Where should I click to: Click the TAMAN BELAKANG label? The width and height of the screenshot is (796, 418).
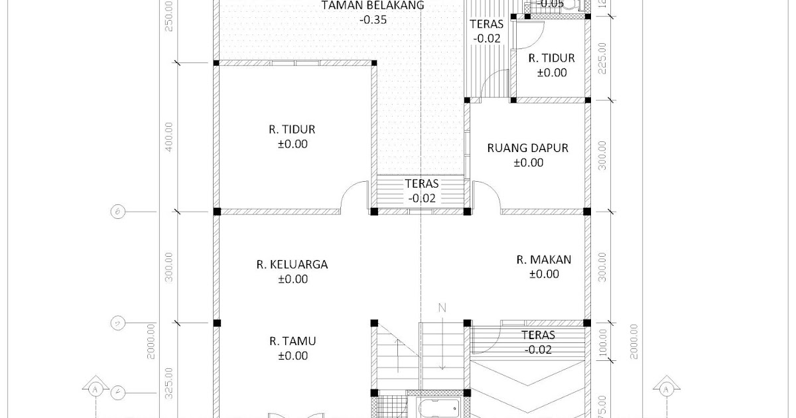pyautogui.click(x=373, y=6)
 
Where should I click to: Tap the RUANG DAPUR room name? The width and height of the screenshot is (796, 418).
pyautogui.click(x=527, y=148)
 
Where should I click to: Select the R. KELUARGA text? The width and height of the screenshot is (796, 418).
pyautogui.click(x=292, y=264)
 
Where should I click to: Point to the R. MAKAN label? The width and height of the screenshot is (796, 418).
pyautogui.click(x=543, y=259)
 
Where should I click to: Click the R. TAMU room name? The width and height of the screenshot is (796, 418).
pyautogui.click(x=292, y=341)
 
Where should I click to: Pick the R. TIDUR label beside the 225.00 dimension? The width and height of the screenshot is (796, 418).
pyautogui.click(x=551, y=58)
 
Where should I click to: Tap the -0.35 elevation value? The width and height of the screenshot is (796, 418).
pyautogui.click(x=373, y=20)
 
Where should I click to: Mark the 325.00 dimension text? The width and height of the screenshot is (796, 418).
pyautogui.click(x=168, y=381)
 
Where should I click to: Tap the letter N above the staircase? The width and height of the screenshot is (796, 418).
pyautogui.click(x=442, y=308)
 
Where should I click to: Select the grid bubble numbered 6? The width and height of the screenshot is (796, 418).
pyautogui.click(x=117, y=212)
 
